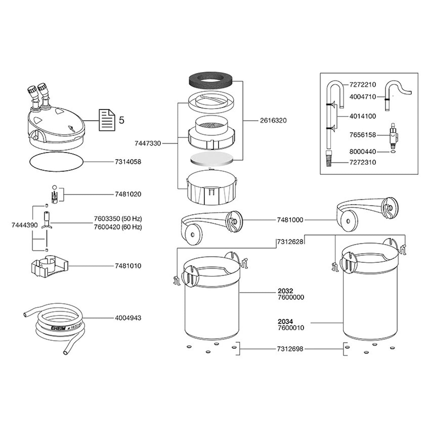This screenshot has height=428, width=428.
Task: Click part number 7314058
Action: tap(128, 162)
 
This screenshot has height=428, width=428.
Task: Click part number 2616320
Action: tap(273, 121)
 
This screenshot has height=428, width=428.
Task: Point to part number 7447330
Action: tap(148, 143)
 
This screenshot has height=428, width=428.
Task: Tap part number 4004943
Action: tap(128, 317)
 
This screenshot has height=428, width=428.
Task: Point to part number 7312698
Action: tap(290, 349)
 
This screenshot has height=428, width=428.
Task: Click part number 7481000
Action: tap(290, 220)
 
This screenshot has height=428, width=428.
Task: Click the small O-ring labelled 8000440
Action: tap(393, 152)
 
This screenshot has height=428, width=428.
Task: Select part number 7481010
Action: tap(128, 266)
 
